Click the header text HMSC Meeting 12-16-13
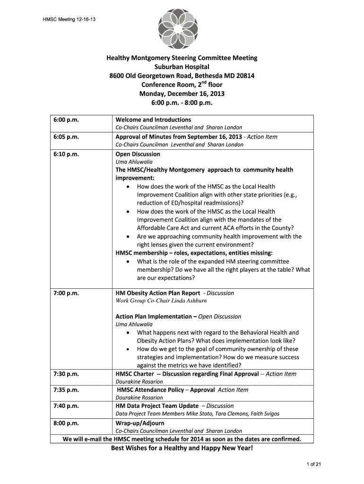[68, 19]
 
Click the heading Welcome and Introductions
[153, 120]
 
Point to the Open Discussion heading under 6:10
[138, 154]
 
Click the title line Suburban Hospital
[182, 67]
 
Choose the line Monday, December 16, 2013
[182, 94]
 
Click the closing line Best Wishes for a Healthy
[182, 448]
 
